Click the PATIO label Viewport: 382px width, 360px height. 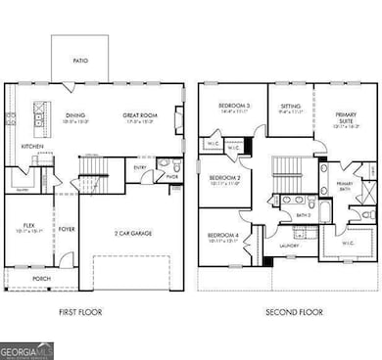pyautogui.click(x=80, y=61)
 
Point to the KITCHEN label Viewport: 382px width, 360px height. pyautogui.click(x=32, y=147)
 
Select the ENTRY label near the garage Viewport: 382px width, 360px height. pyautogui.click(x=142, y=167)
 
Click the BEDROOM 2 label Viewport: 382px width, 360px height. pyautogui.click(x=225, y=178)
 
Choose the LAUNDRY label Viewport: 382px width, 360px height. pyautogui.click(x=287, y=246)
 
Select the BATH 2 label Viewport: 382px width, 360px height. pyautogui.click(x=304, y=214)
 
